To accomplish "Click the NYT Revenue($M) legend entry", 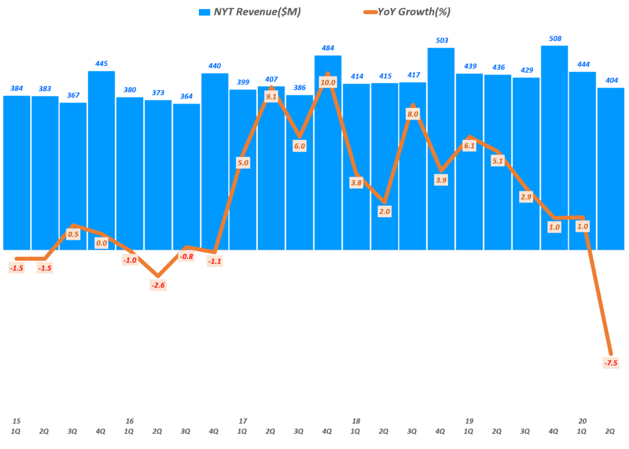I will coord(249,12).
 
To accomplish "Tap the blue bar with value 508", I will coord(554,147).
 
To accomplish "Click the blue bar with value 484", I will coord(328,153).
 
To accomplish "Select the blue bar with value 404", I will coord(611,169).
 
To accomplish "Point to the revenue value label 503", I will coord(441,40).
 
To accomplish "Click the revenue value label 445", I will coord(101,63).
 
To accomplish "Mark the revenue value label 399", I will coord(243,82).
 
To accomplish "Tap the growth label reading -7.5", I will coord(611,363).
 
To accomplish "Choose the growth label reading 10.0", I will coord(328,82).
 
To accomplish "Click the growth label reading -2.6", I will coord(158,285).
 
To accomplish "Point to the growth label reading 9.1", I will coord(272,95).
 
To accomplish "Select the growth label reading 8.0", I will coord(413,113).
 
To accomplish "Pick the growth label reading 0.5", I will coord(73,234).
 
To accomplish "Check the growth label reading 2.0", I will coord(385,211).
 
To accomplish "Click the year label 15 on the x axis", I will coord(17,421).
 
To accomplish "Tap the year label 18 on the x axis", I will coord(356,421).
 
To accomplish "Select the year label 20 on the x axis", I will coord(582,421).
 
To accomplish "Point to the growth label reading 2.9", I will coord(526,197).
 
